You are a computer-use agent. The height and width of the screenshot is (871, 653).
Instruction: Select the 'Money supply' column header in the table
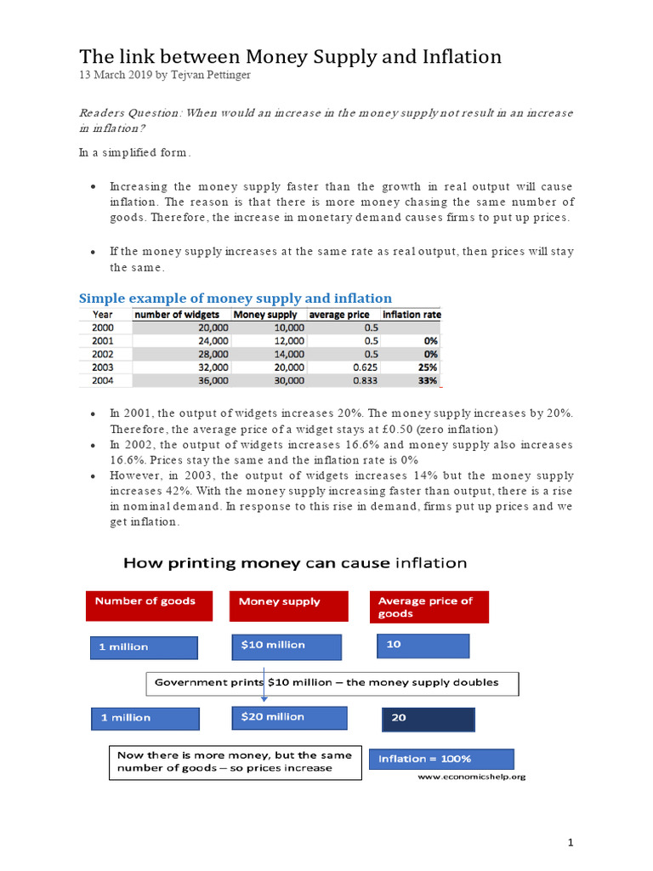[264, 315]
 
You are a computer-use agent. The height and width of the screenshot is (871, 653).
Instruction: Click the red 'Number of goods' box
[145, 606]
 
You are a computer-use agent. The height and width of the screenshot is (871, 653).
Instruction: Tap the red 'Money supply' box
[288, 606]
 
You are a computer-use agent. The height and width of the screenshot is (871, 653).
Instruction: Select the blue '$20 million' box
[289, 717]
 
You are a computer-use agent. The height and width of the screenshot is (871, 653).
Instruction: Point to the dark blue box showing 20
[429, 719]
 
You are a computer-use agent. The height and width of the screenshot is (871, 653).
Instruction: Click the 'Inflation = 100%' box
[440, 759]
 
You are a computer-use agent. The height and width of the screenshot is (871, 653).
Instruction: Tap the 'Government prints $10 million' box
[332, 683]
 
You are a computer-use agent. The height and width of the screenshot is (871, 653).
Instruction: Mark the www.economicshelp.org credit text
[471, 777]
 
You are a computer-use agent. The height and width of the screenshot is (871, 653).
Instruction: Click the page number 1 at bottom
[571, 842]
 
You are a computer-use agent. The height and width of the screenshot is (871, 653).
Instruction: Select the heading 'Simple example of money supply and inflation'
[236, 298]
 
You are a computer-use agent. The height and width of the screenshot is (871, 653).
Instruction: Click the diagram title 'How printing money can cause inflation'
[295, 562]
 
